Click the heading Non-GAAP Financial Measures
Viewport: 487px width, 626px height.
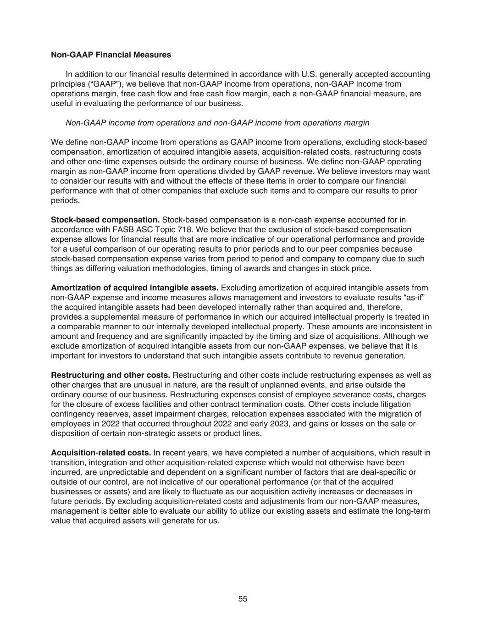click(x=111, y=55)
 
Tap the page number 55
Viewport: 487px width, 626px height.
click(x=243, y=598)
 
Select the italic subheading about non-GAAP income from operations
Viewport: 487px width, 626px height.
click(x=217, y=123)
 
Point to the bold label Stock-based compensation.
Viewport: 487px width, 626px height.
click(x=105, y=220)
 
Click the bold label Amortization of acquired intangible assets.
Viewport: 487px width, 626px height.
click(x=134, y=288)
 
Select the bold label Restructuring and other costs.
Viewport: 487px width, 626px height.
click(x=111, y=376)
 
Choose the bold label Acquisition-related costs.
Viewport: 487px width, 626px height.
click(x=101, y=453)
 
